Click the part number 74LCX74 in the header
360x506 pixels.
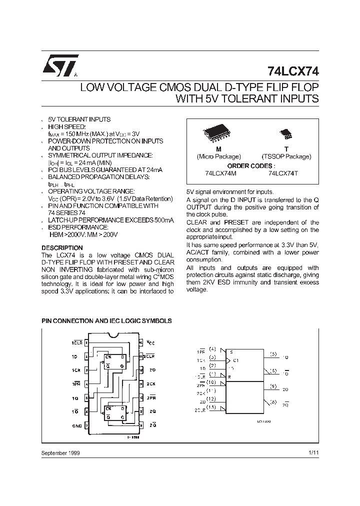tap(292, 71)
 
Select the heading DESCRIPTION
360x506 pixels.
tap(62, 248)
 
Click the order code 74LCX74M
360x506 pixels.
tap(220, 173)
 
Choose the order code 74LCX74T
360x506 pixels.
tap(283, 173)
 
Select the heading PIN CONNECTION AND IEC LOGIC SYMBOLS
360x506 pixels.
tap(106, 321)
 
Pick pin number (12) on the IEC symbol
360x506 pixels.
tap(212, 398)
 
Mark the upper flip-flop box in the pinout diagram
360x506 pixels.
tap(114, 361)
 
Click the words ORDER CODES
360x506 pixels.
tap(251, 165)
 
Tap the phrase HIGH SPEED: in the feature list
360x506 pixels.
tap(66, 127)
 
